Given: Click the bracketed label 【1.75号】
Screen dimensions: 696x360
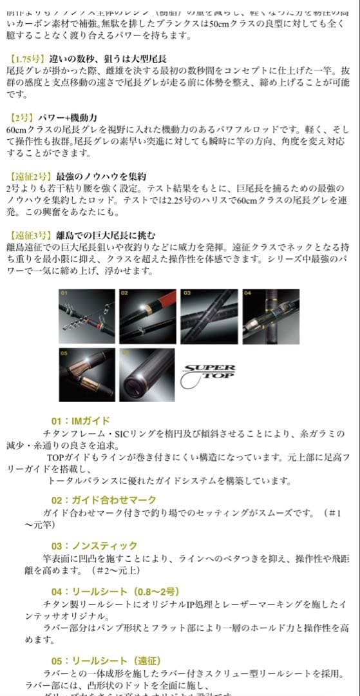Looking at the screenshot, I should [x=27, y=58].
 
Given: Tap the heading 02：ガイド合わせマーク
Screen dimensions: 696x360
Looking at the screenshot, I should [x=104, y=500].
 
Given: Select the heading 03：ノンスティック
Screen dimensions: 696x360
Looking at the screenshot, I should [x=94, y=546].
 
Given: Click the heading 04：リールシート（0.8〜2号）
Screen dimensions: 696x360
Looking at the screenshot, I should [x=115, y=591].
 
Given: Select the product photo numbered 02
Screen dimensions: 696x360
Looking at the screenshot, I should [x=147, y=316].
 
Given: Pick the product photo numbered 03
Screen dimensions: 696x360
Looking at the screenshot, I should [x=208, y=316].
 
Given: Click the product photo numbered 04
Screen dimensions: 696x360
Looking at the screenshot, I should [x=270, y=316].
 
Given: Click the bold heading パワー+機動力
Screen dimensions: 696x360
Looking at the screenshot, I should [x=68, y=117].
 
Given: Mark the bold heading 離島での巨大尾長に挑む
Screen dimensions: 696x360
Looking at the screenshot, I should [x=106, y=235].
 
